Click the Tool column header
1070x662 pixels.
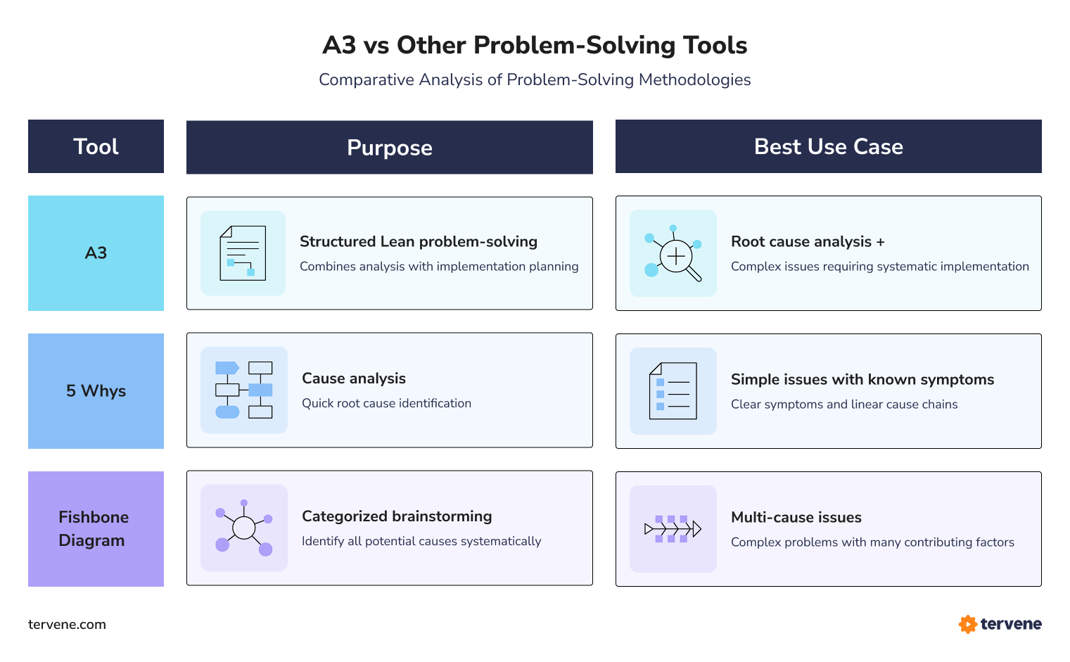[96, 146]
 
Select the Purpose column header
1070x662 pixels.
[389, 148]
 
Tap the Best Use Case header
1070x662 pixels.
[828, 146]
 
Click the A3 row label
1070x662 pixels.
[96, 253]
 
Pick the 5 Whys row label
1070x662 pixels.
[96, 391]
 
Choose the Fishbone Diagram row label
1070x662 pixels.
[94, 529]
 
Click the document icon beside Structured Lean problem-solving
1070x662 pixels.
[243, 253]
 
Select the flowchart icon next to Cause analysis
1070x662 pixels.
[244, 390]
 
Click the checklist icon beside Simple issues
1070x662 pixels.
[673, 391]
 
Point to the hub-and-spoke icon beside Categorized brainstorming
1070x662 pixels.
[244, 528]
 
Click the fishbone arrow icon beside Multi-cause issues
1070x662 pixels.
[673, 529]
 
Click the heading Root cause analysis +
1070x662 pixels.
[808, 242]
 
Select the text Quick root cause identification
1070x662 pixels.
[386, 404]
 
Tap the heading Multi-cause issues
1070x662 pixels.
[796, 518]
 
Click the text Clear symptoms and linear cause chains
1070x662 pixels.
[843, 405]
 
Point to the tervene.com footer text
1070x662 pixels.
[67, 625]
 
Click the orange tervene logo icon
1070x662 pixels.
[967, 624]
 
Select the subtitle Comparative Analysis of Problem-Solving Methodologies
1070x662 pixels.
[535, 80]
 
